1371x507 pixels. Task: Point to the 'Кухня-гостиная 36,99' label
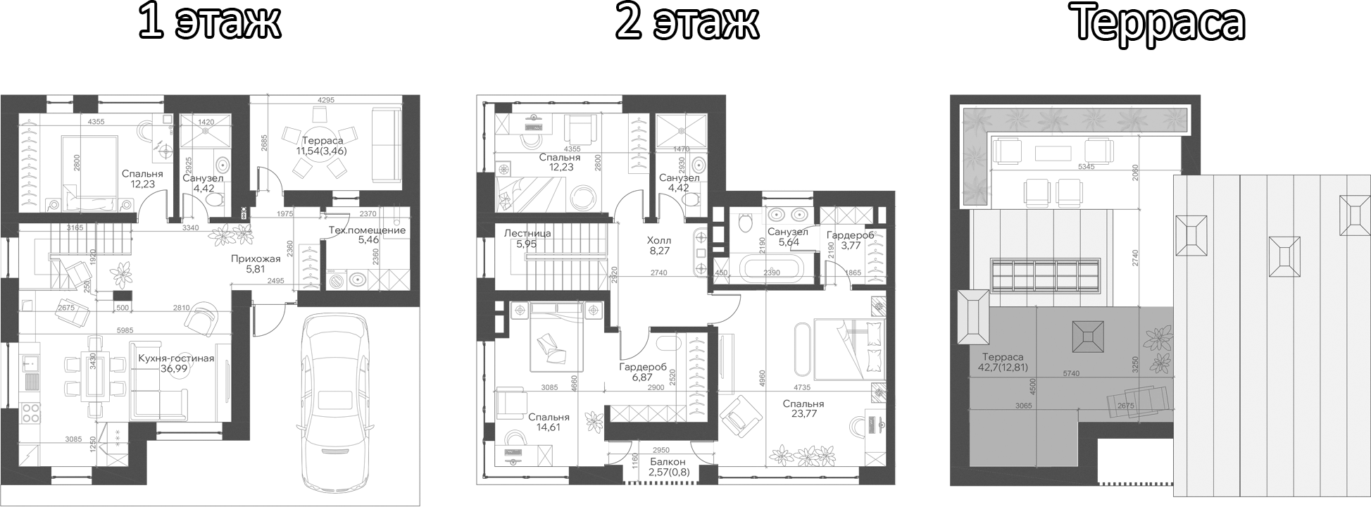[x=177, y=363]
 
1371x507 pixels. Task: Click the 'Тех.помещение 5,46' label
[x=367, y=235]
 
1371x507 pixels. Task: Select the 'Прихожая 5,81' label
[x=256, y=263]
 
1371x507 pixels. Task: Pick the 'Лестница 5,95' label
[x=527, y=239]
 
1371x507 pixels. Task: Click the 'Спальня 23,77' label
[x=803, y=409]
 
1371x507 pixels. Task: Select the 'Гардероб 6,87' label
[x=643, y=373]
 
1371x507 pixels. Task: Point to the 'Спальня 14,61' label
[x=549, y=422]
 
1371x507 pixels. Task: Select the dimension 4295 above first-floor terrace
[x=325, y=100]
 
